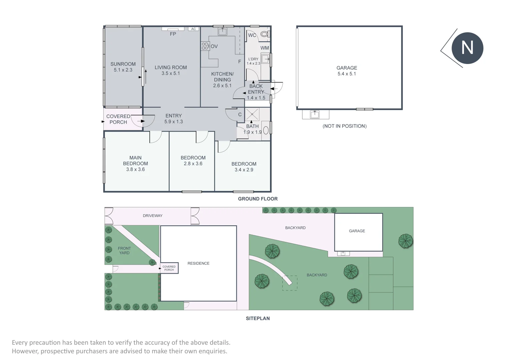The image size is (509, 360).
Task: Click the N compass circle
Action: click(467, 48)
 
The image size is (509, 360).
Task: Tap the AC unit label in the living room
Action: click(193, 29)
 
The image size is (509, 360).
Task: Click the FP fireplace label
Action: click(173, 34)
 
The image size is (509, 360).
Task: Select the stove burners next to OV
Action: click(205, 46)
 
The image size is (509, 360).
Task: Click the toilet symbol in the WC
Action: click(264, 34)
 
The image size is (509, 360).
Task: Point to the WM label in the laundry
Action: click(265, 48)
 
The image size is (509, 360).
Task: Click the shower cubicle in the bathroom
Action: click(252, 114)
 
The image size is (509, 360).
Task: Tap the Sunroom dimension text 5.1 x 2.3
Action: click(123, 70)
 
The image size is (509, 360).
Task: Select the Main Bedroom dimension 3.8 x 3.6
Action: click(135, 169)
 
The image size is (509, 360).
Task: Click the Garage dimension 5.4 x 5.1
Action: click(347, 74)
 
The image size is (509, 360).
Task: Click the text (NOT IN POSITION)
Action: click(344, 126)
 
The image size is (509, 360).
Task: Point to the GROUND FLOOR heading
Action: click(258, 199)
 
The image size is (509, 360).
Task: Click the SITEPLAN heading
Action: click(258, 318)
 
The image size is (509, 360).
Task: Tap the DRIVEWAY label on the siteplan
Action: click(153, 216)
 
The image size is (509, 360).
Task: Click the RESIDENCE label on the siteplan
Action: click(198, 263)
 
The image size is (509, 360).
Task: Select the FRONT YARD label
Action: click(124, 251)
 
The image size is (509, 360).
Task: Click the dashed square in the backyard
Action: click(290, 283)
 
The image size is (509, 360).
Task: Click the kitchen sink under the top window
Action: click(222, 32)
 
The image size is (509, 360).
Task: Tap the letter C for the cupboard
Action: click(240, 115)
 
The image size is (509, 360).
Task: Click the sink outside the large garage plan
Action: click(315, 114)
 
